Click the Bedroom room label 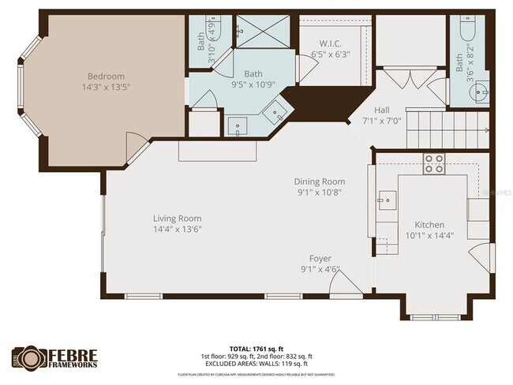coord(107,77)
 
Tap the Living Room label coord(178,219)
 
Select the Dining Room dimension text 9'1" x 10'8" coord(320,192)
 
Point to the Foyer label coord(320,259)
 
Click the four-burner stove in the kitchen coord(433,163)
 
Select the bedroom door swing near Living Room coord(135,144)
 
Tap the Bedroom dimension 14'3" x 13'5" coord(107,88)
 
